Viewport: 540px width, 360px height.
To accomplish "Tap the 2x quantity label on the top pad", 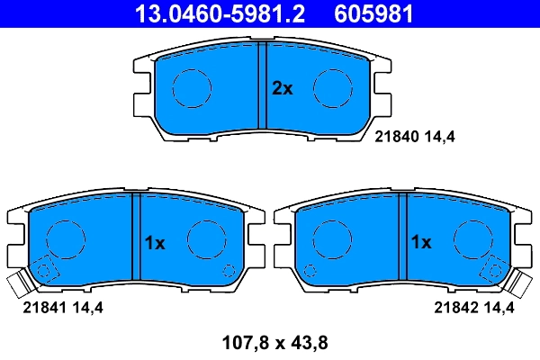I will [283, 88].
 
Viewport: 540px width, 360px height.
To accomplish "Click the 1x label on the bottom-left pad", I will [155, 242].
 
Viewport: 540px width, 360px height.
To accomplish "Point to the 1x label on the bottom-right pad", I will [421, 242].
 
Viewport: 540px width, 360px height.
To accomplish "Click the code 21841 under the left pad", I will [41, 308].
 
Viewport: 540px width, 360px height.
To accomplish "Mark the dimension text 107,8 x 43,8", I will [269, 342].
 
